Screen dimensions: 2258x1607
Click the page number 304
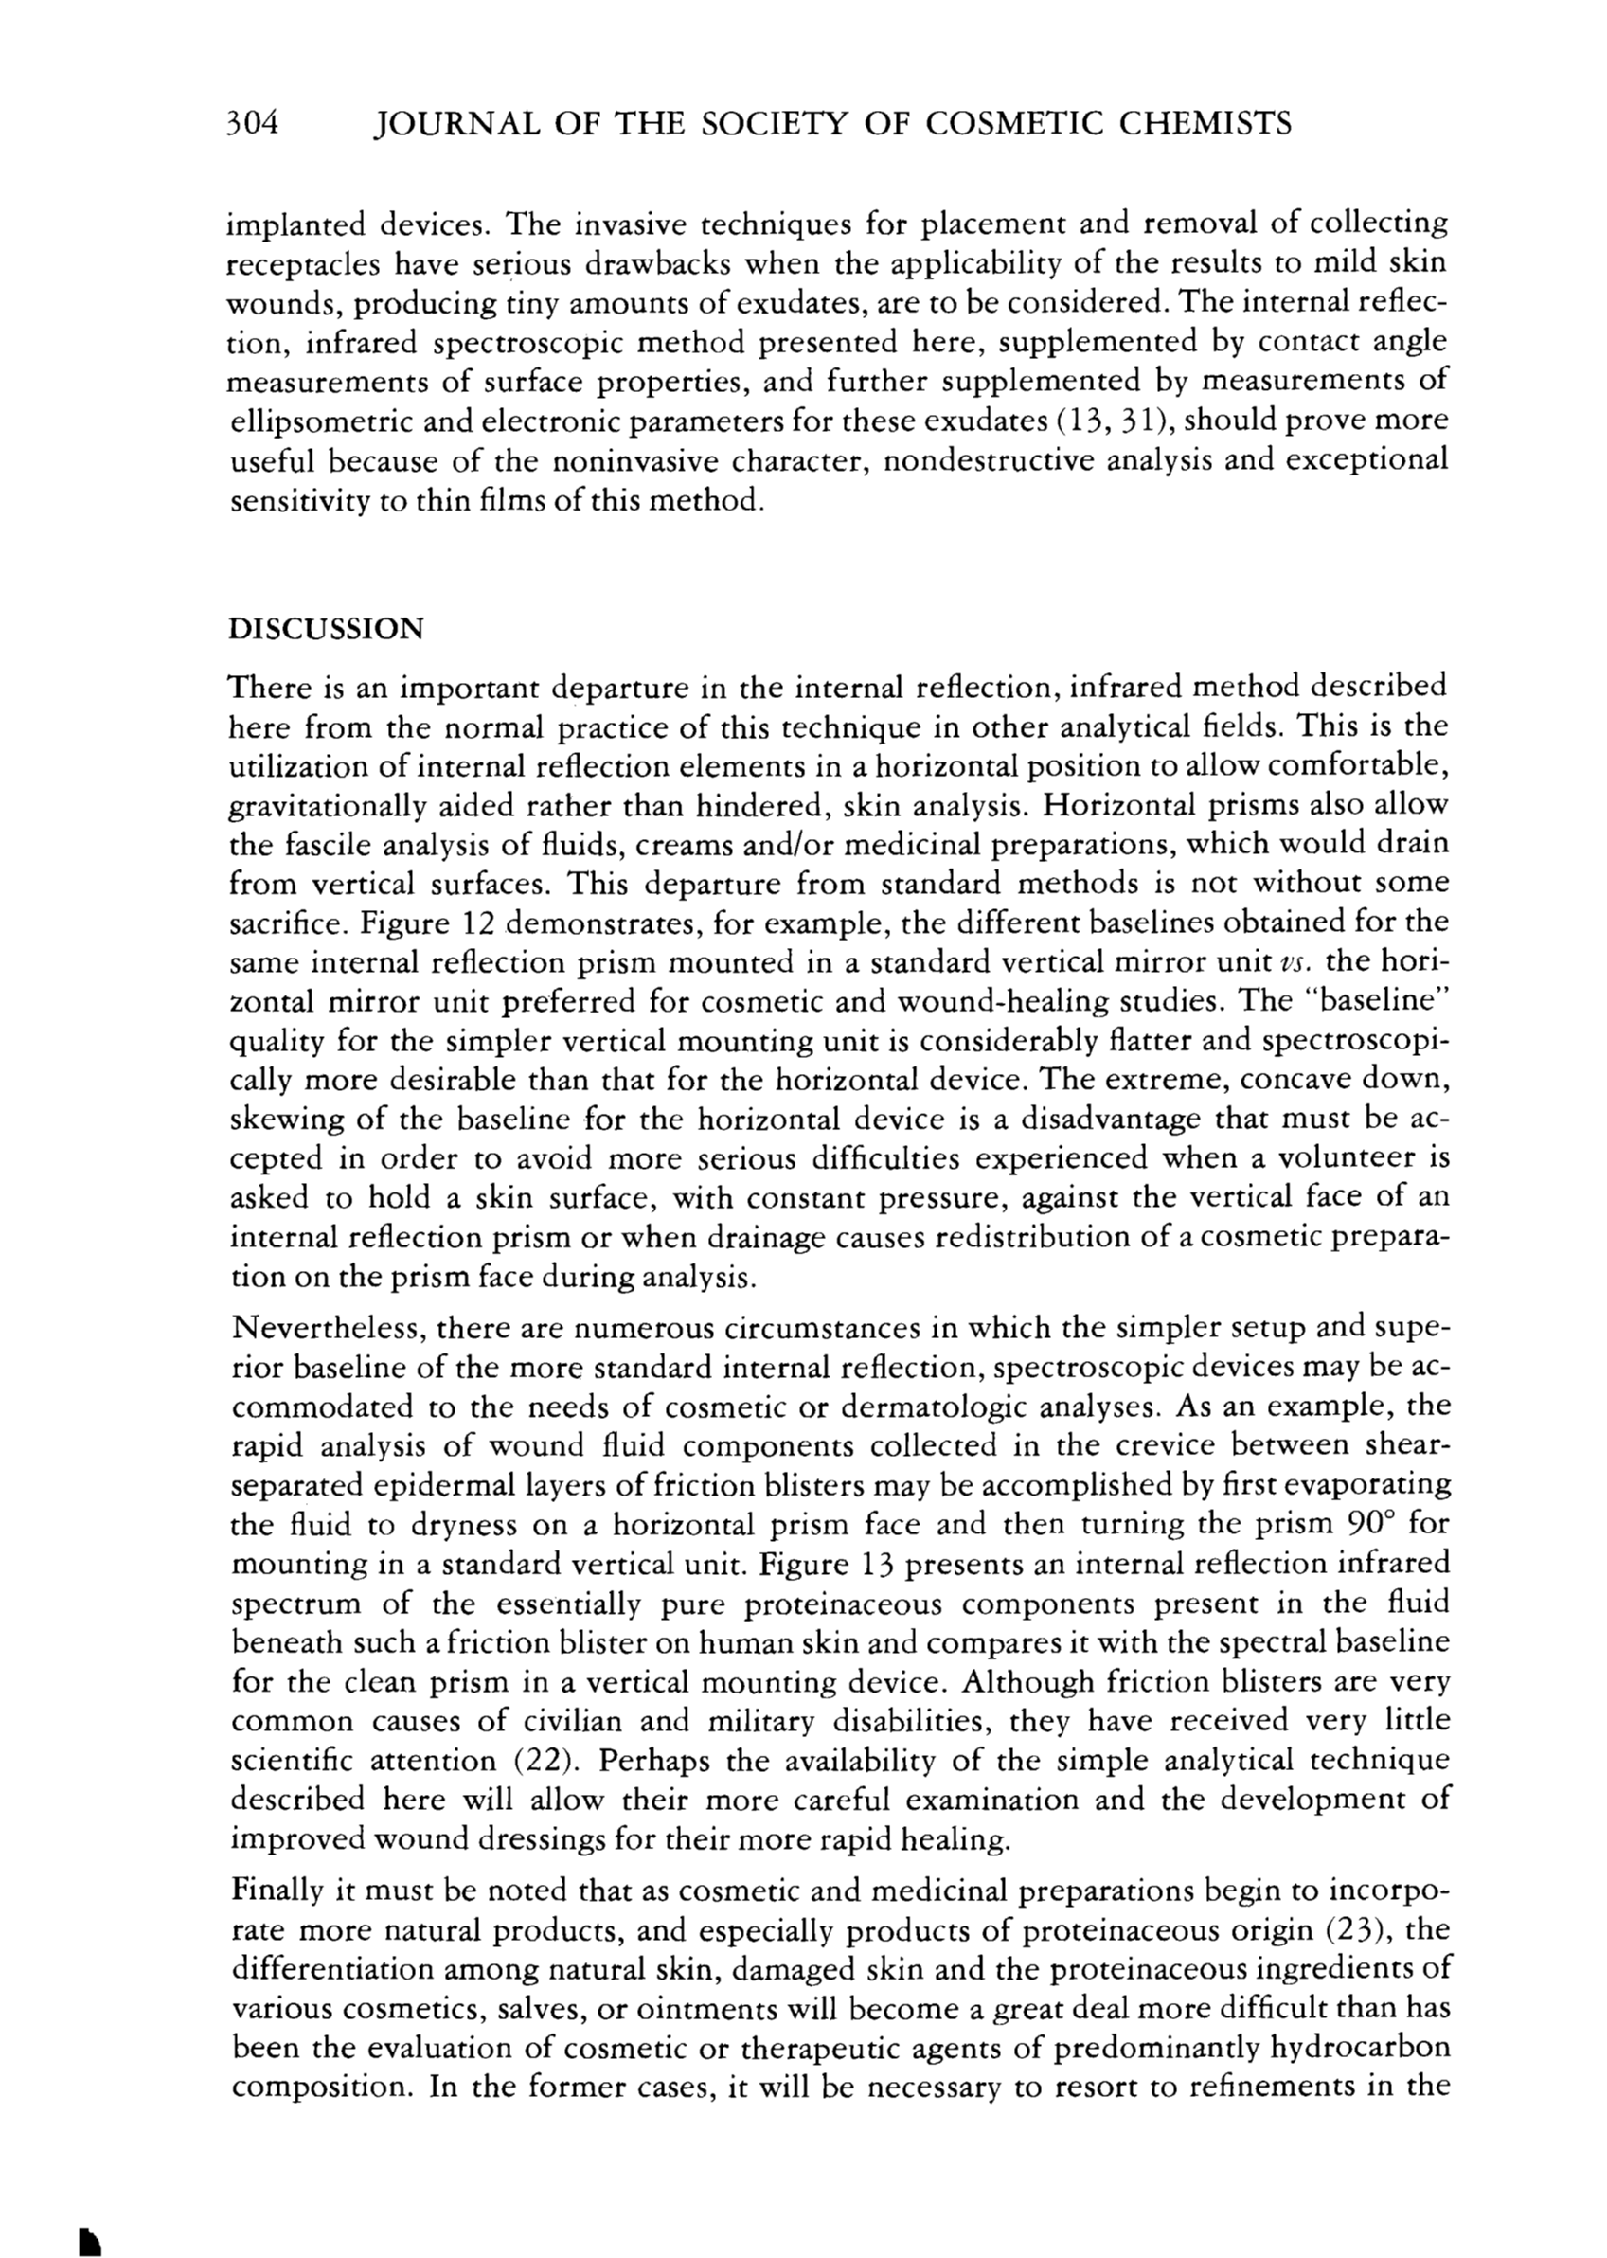tap(255, 124)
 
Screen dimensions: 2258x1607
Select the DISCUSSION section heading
tap(326, 629)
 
